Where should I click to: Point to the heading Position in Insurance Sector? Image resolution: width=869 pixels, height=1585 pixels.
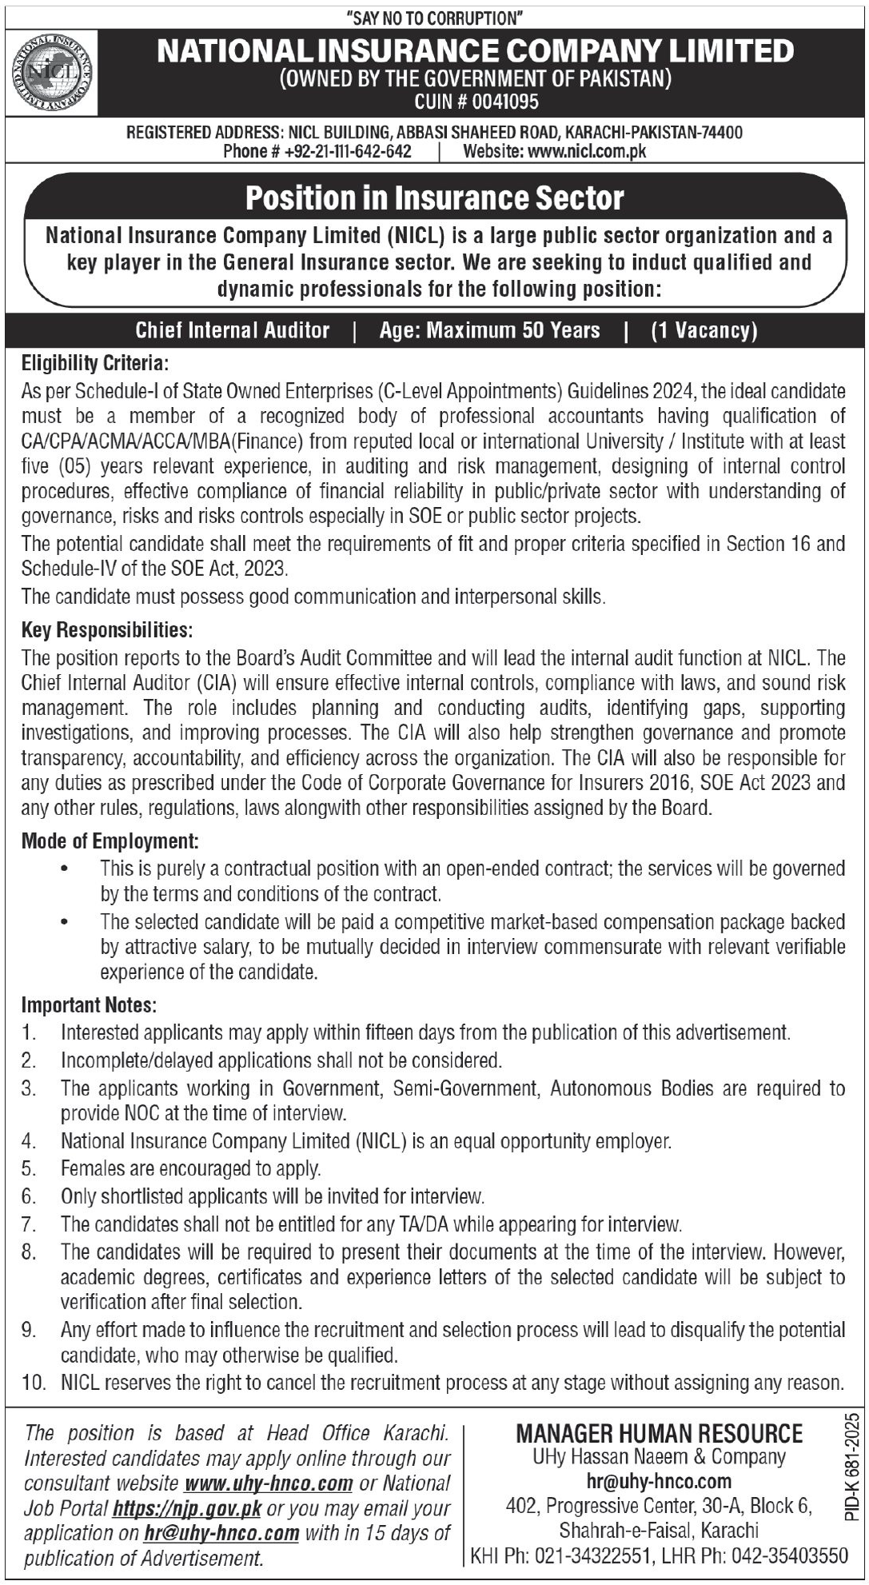pos(434,198)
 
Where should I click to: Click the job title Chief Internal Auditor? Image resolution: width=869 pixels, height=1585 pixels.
pos(233,330)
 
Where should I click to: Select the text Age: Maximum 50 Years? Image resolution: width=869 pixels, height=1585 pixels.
pos(489,330)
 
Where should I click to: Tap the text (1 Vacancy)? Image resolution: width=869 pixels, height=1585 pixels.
pos(704,330)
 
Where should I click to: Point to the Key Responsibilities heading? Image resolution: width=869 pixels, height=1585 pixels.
pos(106,630)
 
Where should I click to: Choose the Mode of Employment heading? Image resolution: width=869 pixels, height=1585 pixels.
pos(110,841)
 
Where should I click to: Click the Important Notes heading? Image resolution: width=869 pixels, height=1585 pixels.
pos(89,1004)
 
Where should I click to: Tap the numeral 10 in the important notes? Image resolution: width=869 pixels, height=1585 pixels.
pos(33,1383)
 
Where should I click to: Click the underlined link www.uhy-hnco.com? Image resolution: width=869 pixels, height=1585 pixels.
pos(269,1483)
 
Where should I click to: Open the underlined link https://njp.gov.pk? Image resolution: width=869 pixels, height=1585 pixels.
pos(187,1509)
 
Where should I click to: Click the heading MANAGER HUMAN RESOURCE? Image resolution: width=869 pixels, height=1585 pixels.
pos(660,1433)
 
